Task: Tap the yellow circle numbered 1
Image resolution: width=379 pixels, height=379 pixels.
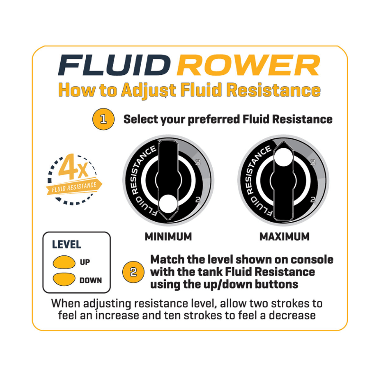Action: [x=103, y=119]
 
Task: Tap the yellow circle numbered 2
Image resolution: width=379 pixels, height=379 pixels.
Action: [x=133, y=271]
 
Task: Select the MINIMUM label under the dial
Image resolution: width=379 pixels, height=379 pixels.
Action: [x=168, y=236]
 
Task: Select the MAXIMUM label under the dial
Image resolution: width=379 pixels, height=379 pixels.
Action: [x=284, y=236]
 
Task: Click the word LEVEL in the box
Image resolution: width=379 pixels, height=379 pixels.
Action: [x=66, y=245]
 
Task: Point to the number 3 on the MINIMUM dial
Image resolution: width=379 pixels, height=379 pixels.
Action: [x=198, y=162]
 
